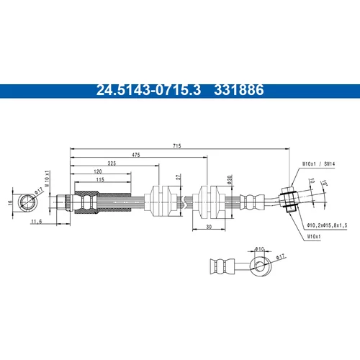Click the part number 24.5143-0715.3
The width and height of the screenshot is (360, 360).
coord(148,90)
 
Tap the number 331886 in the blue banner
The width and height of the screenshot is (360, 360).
coord(239,90)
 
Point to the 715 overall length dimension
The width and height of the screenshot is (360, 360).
coord(177,145)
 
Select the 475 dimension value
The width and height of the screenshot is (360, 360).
coord(136,155)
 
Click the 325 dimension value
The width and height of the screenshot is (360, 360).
coord(112,163)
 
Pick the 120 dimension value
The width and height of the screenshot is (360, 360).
coord(98,171)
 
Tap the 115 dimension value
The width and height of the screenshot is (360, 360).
coord(100,179)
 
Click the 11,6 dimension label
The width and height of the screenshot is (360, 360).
coord(37,221)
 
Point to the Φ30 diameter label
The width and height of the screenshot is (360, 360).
coord(230,179)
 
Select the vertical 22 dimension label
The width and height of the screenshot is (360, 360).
coord(178,177)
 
